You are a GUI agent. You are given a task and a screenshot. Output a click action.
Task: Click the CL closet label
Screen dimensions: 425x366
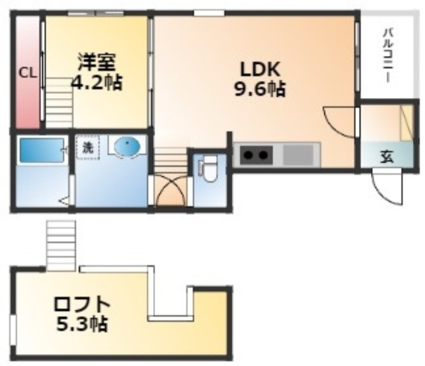coord(27,73)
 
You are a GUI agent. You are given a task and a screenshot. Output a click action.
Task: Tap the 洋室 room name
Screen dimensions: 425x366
coord(97,62)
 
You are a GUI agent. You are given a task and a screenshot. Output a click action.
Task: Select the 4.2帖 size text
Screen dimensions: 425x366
coord(97,82)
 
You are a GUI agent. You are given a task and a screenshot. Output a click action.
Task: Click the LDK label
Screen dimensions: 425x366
coord(260,69)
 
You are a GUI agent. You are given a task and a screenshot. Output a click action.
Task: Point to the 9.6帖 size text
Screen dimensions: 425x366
coord(260,89)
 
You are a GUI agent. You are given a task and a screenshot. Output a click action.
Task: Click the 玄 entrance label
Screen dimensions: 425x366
coord(387,156)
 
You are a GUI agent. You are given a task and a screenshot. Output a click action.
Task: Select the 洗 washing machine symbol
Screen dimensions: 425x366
coord(88,147)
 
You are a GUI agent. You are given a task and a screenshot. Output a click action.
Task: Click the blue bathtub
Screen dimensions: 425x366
coord(42,151)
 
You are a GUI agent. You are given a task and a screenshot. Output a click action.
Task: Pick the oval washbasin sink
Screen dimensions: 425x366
coord(127,146)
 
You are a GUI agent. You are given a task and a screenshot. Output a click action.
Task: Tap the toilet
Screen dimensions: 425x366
coord(209,168)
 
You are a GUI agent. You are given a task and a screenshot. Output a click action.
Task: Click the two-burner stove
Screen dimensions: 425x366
coord(256,155)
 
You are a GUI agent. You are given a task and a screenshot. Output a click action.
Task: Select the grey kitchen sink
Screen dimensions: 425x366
coord(299,155)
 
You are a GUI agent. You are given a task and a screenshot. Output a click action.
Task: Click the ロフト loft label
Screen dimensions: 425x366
coord(82,305)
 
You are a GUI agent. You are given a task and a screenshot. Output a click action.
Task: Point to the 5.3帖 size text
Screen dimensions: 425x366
coord(82,323)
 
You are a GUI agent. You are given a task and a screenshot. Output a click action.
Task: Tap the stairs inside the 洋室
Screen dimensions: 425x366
coord(59,103)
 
